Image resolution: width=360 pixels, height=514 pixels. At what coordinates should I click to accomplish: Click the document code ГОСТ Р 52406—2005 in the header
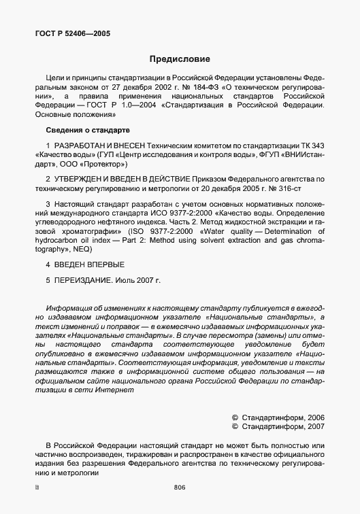(72, 33)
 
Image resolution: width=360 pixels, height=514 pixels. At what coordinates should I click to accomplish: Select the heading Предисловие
(180, 59)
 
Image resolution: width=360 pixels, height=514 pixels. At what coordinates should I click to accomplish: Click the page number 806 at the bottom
(180, 487)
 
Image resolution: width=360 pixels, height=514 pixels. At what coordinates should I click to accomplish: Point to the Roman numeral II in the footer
(37, 487)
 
